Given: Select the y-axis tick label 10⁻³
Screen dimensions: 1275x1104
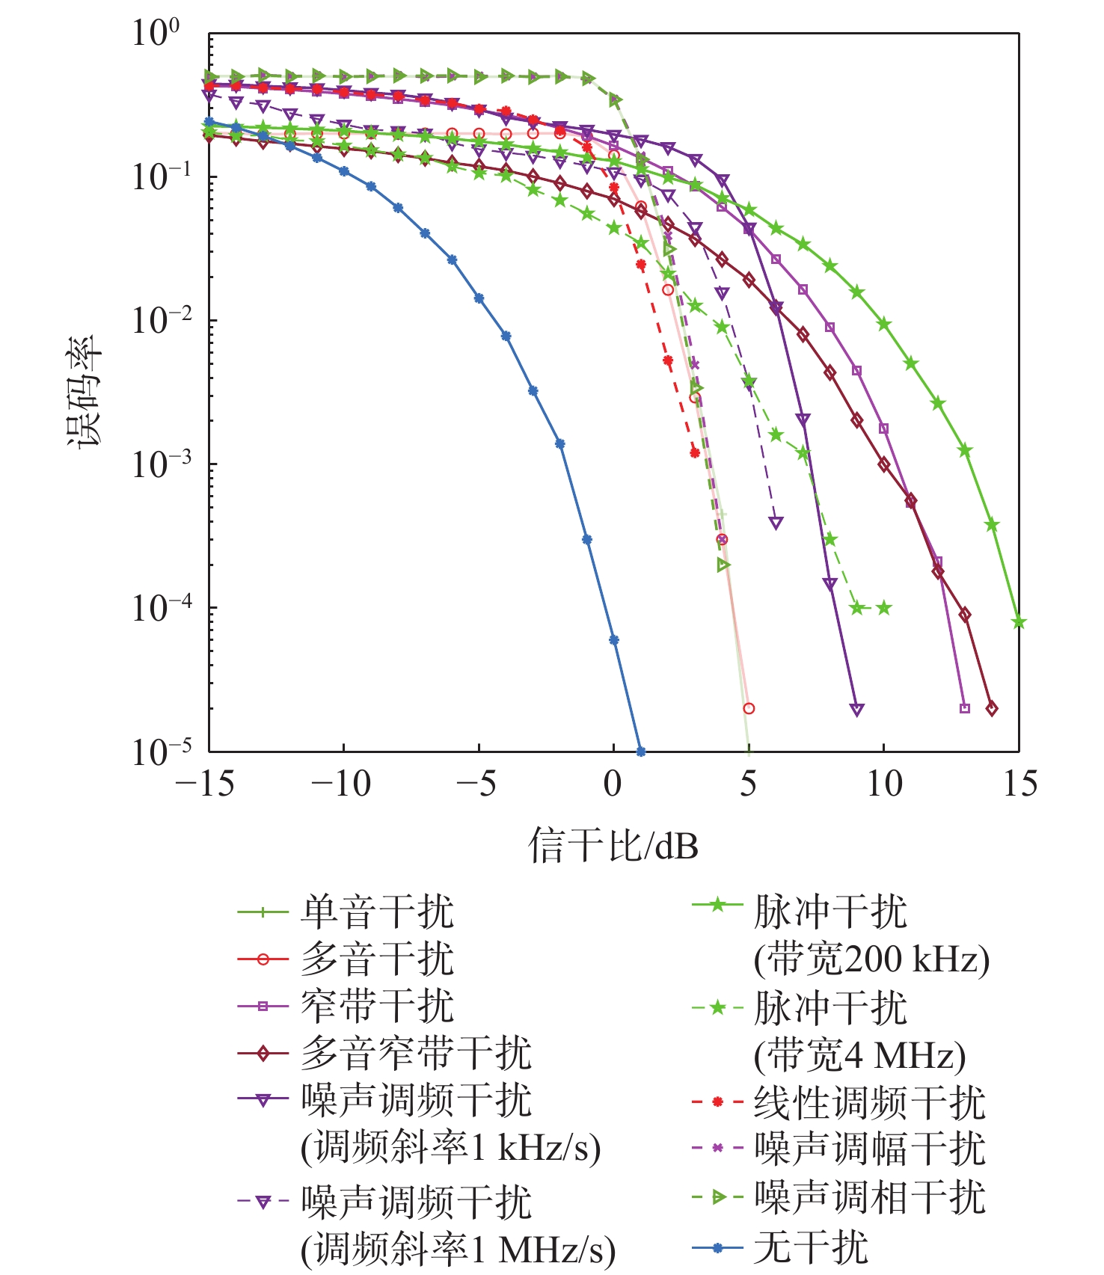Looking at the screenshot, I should pos(156,464).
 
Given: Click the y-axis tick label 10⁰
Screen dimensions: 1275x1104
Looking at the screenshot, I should pos(156,34).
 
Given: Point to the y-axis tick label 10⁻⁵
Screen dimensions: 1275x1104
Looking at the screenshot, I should pos(156,752).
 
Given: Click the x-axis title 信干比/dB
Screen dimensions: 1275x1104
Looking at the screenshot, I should pos(613,846).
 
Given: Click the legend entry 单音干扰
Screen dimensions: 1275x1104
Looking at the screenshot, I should pos(377,912).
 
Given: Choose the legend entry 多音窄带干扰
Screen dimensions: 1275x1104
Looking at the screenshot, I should pos(416,1054).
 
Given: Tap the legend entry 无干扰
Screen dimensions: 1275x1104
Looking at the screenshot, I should pos(811,1247).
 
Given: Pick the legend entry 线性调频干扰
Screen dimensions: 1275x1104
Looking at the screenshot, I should pos(869,1102).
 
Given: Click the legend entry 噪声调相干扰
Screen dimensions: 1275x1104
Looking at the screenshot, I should pos(869,1197).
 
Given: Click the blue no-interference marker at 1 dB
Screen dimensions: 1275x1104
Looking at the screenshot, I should pos(640,751).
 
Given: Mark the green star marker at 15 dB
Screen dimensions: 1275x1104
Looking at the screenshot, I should pos(1018,622).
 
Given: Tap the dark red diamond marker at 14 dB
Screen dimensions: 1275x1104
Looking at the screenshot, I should pos(992,708).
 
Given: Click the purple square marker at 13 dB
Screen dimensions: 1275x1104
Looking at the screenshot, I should pos(964,708).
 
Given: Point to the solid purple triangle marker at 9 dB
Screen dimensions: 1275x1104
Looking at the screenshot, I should pos(857,710).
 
